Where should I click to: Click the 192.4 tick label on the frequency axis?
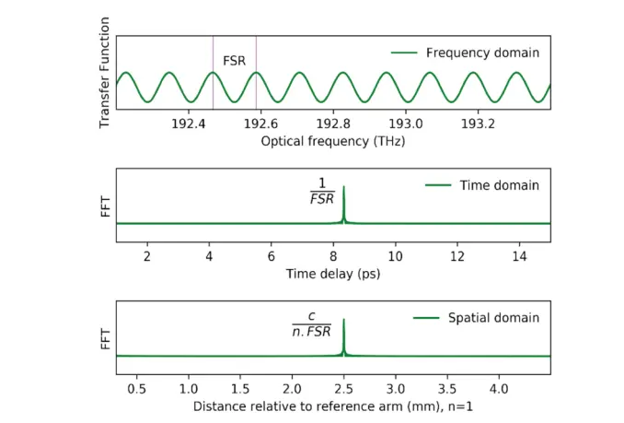click(188, 123)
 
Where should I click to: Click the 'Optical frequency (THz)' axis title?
click(332, 142)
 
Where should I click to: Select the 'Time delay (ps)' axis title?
click(333, 274)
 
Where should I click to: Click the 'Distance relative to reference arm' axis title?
click(333, 406)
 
